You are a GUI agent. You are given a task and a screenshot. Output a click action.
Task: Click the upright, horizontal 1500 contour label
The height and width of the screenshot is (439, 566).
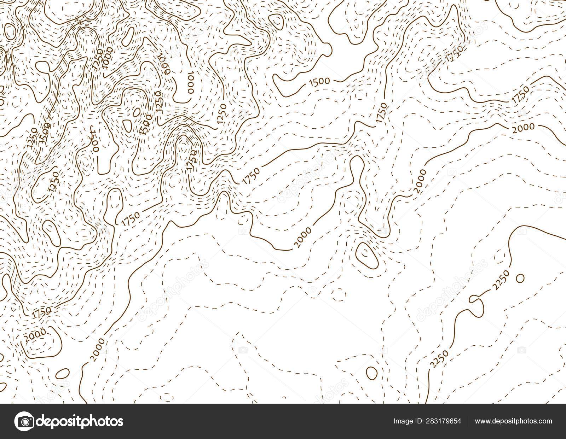pos(319,81)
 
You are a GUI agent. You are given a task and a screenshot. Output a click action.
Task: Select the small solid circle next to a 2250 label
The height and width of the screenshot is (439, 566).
pos(520,278)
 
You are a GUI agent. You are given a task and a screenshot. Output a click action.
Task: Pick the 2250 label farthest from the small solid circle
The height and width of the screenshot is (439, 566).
pos(440,358)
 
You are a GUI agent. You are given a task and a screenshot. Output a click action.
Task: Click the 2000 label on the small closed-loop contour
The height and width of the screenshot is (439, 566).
pos(34,333)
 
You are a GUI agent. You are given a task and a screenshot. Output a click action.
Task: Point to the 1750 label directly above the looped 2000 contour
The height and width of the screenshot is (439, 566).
pos(41,313)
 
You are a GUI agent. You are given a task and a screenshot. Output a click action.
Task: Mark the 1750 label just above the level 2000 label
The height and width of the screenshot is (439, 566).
pos(519,95)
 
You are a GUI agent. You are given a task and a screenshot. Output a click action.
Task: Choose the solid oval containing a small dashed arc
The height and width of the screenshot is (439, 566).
pos(366,254)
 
